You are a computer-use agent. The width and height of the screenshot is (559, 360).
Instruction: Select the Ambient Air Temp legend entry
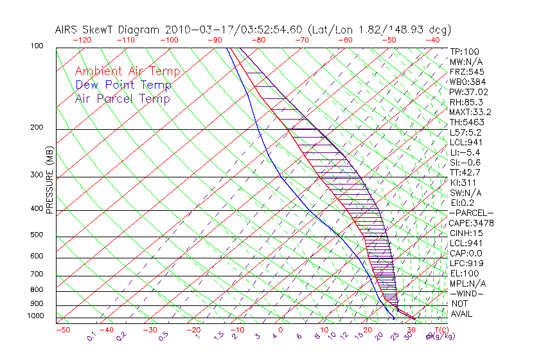[127, 72]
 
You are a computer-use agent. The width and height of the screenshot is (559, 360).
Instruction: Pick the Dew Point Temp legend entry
[123, 85]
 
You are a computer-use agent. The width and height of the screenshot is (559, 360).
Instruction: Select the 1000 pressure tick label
[36, 316]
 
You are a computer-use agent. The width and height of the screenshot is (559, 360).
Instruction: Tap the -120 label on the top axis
[82, 39]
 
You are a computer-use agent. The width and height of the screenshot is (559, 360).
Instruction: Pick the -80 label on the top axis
[258, 39]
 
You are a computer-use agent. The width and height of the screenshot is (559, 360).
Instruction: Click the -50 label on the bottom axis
[62, 330]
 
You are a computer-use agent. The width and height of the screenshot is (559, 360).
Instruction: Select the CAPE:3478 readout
[471, 223]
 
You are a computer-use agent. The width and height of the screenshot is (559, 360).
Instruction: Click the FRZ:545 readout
[466, 71]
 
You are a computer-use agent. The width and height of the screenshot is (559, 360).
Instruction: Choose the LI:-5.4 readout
[465, 152]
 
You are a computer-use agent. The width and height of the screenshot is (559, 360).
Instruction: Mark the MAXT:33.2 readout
[471, 112]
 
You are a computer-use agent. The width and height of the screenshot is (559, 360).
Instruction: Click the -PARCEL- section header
[471, 213]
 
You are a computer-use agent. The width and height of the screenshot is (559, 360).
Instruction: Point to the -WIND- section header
[466, 293]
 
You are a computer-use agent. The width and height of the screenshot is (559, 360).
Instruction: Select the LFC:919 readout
[466, 263]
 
